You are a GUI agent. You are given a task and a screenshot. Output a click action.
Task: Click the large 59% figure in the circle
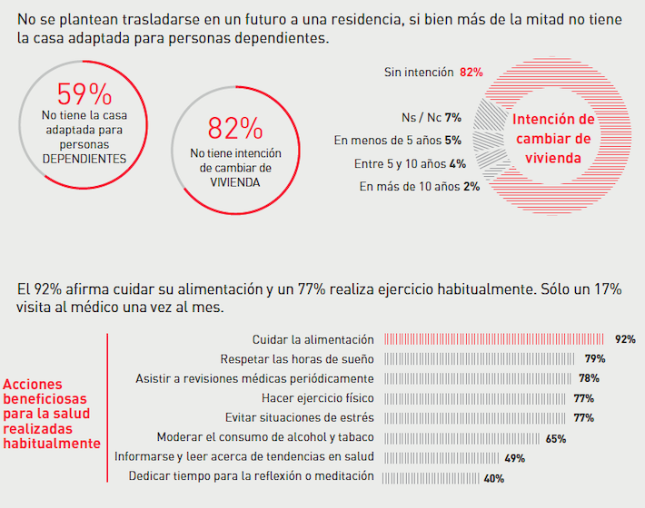tap(84, 94)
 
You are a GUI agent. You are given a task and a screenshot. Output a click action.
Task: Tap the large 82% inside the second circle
tap(235, 128)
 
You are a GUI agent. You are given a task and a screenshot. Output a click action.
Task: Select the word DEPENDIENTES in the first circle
tap(84, 158)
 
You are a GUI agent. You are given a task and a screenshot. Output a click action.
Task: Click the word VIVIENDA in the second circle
tap(234, 181)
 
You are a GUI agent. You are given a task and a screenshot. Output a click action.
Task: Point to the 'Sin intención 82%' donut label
tap(432, 72)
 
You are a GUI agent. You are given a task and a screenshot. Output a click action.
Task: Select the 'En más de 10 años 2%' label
tap(419, 187)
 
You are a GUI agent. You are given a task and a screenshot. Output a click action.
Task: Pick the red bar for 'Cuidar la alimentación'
tap(495, 339)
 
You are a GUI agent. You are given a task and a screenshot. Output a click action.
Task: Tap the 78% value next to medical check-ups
tap(589, 378)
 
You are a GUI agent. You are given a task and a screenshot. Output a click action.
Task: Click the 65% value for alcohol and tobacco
tap(556, 438)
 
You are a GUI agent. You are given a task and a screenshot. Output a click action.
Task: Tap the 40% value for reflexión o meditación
tap(493, 478)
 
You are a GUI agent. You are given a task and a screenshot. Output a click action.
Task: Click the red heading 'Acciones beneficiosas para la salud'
tap(52, 414)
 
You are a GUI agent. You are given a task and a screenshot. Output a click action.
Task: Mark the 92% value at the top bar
tap(625, 339)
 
